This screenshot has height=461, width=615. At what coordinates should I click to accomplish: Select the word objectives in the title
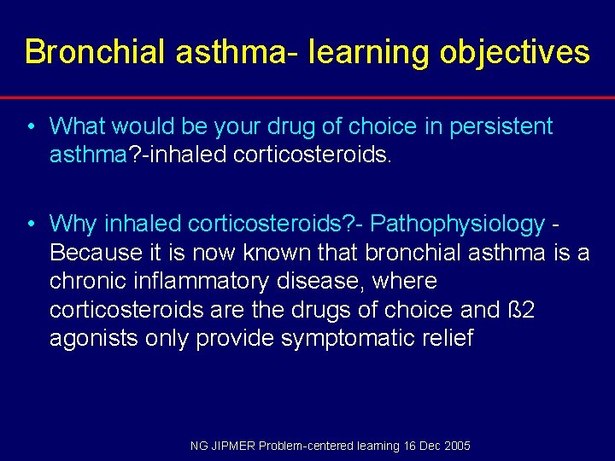514,52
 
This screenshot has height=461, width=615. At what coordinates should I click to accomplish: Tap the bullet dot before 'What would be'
30,127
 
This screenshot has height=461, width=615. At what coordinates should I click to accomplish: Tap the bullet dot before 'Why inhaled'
30,225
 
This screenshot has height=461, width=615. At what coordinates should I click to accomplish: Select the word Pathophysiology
458,224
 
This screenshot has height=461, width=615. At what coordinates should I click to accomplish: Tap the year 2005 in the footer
456,446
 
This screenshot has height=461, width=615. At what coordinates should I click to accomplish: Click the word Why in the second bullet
73,224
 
